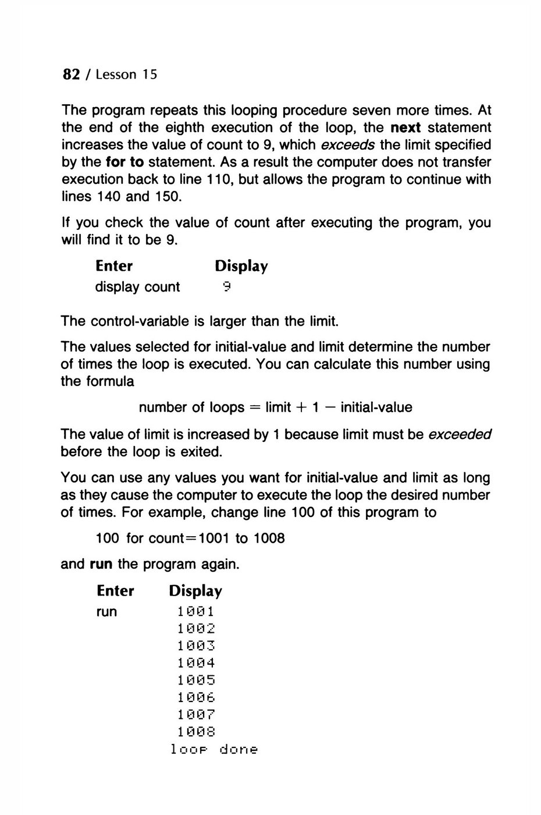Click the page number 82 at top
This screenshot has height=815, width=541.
(70, 75)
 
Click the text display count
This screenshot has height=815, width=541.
(137, 286)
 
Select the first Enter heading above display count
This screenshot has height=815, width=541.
(114, 266)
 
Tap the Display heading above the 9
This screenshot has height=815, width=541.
(241, 266)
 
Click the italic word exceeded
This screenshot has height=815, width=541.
(460, 434)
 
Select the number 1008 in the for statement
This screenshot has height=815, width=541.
(268, 538)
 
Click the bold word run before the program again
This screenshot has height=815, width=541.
(101, 564)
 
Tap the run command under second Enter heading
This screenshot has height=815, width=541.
(106, 611)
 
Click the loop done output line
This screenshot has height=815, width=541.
(213, 749)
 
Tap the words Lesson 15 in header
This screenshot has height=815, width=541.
(126, 75)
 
